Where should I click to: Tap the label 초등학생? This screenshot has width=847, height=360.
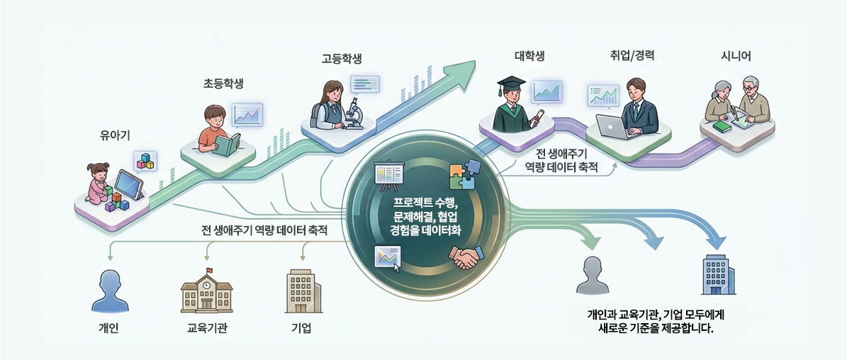tap(223, 84)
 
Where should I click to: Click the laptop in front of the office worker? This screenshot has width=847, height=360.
tap(611, 127)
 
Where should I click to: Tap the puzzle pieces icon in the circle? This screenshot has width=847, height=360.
tap(465, 175)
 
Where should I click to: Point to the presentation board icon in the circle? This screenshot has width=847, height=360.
tap(388, 177)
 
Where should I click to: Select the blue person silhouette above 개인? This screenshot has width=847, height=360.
tap(108, 292)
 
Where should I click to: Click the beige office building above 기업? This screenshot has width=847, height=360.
tap(302, 292)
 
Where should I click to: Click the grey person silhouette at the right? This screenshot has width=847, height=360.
tap(593, 276)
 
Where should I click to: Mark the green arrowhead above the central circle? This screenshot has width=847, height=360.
tap(463, 69)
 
